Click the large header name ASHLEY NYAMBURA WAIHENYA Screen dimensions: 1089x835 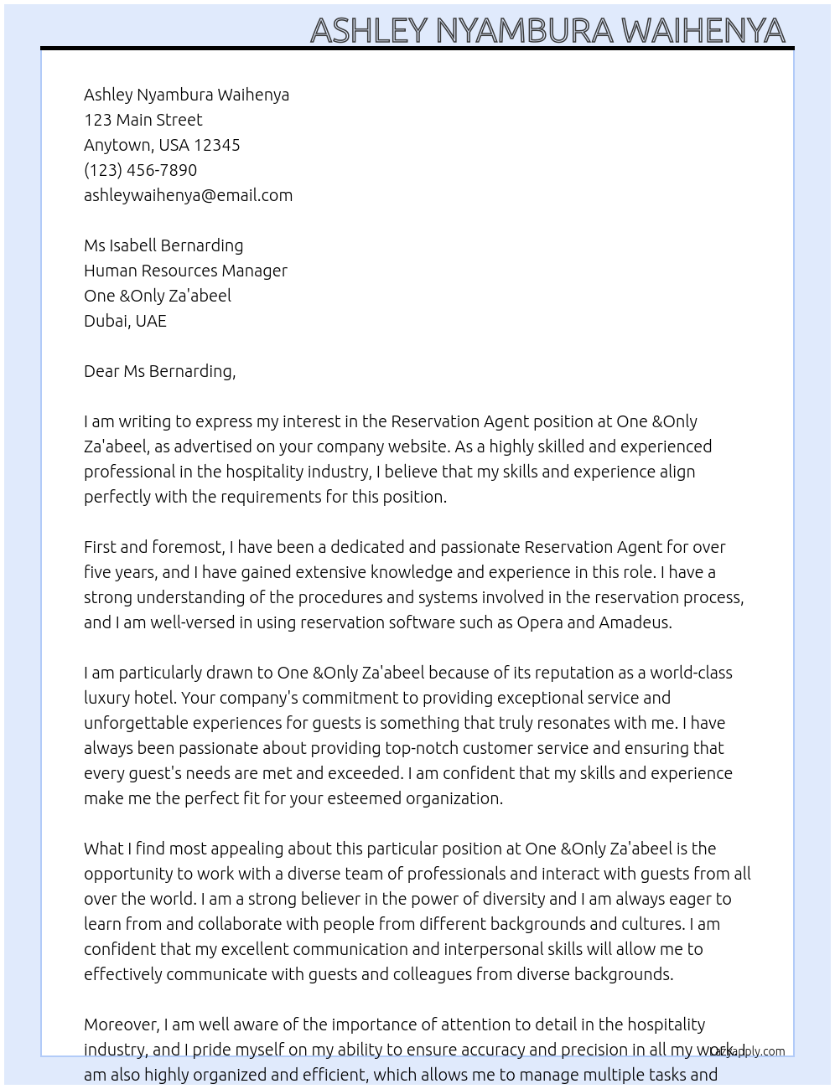(x=547, y=30)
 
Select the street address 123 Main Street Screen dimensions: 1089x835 (x=143, y=120)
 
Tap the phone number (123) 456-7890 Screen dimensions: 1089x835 (x=140, y=170)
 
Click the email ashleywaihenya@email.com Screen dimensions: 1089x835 (x=188, y=195)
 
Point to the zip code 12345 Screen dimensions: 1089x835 (x=217, y=145)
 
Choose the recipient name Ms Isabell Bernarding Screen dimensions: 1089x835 (x=163, y=245)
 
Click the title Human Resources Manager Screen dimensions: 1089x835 (x=185, y=271)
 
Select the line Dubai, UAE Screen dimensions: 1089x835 (x=125, y=321)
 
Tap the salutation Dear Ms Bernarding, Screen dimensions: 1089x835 (x=159, y=371)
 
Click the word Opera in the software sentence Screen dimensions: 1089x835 (x=540, y=622)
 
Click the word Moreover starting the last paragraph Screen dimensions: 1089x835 (x=122, y=1024)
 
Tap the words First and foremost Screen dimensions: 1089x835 (x=154, y=547)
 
